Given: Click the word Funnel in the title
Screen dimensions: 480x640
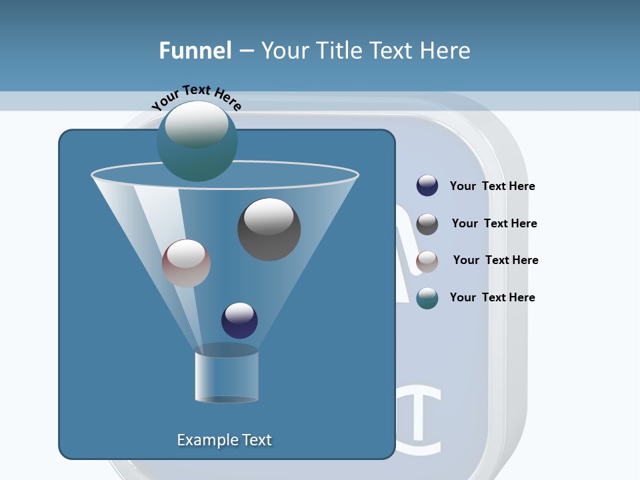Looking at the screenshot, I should pyautogui.click(x=195, y=51).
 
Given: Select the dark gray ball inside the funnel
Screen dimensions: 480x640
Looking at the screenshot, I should pyautogui.click(x=269, y=230).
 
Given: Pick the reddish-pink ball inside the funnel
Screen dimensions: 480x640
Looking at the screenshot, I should pyautogui.click(x=186, y=264).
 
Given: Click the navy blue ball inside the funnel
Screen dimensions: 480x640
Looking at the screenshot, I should pyautogui.click(x=239, y=321).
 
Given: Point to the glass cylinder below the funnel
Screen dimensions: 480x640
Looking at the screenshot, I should pyautogui.click(x=227, y=377).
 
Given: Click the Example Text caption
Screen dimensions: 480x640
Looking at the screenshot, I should pyautogui.click(x=225, y=440).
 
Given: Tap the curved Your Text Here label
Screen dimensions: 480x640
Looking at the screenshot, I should pyautogui.click(x=197, y=97).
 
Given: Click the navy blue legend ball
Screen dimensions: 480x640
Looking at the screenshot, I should pyautogui.click(x=427, y=186).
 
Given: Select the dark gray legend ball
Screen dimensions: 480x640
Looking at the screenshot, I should pyautogui.click(x=427, y=224).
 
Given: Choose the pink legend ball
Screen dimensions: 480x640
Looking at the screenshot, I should pyautogui.click(x=427, y=261).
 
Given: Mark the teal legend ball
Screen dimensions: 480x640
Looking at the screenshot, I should pyautogui.click(x=427, y=298).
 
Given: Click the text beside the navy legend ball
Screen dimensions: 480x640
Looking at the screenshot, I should pyautogui.click(x=492, y=187).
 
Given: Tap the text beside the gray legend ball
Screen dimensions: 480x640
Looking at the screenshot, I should pyautogui.click(x=494, y=223).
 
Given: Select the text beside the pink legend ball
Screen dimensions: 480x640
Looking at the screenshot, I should pyautogui.click(x=495, y=260).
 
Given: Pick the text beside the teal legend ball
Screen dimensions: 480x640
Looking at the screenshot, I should pyautogui.click(x=492, y=297).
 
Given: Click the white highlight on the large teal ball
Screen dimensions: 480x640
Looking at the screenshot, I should pyautogui.click(x=196, y=123).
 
